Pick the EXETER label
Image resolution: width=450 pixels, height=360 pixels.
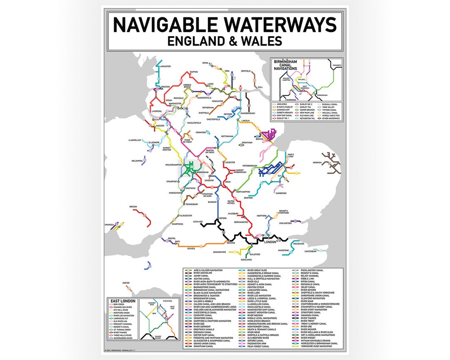tap(125, 283)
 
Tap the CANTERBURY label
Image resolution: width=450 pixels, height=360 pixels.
tap(310, 251)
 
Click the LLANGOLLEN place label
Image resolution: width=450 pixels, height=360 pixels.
tap(135, 140)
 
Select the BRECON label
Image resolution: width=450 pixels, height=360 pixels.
tap(133, 207)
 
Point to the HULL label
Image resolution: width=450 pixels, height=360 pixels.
tap(260, 87)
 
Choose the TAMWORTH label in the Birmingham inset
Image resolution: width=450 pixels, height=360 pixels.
tap(337, 65)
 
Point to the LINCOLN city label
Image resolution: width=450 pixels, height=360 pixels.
tap(245, 121)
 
